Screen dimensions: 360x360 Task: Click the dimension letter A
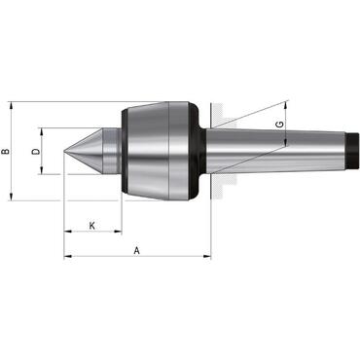(137, 249)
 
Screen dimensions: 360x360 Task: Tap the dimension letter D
(35, 152)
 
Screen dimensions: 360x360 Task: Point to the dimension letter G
(279, 125)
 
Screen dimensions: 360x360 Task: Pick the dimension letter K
(91, 226)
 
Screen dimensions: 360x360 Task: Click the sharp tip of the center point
(66, 151)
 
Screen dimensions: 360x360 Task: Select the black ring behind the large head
(195, 151)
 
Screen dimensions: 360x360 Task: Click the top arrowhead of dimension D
(43, 129)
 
